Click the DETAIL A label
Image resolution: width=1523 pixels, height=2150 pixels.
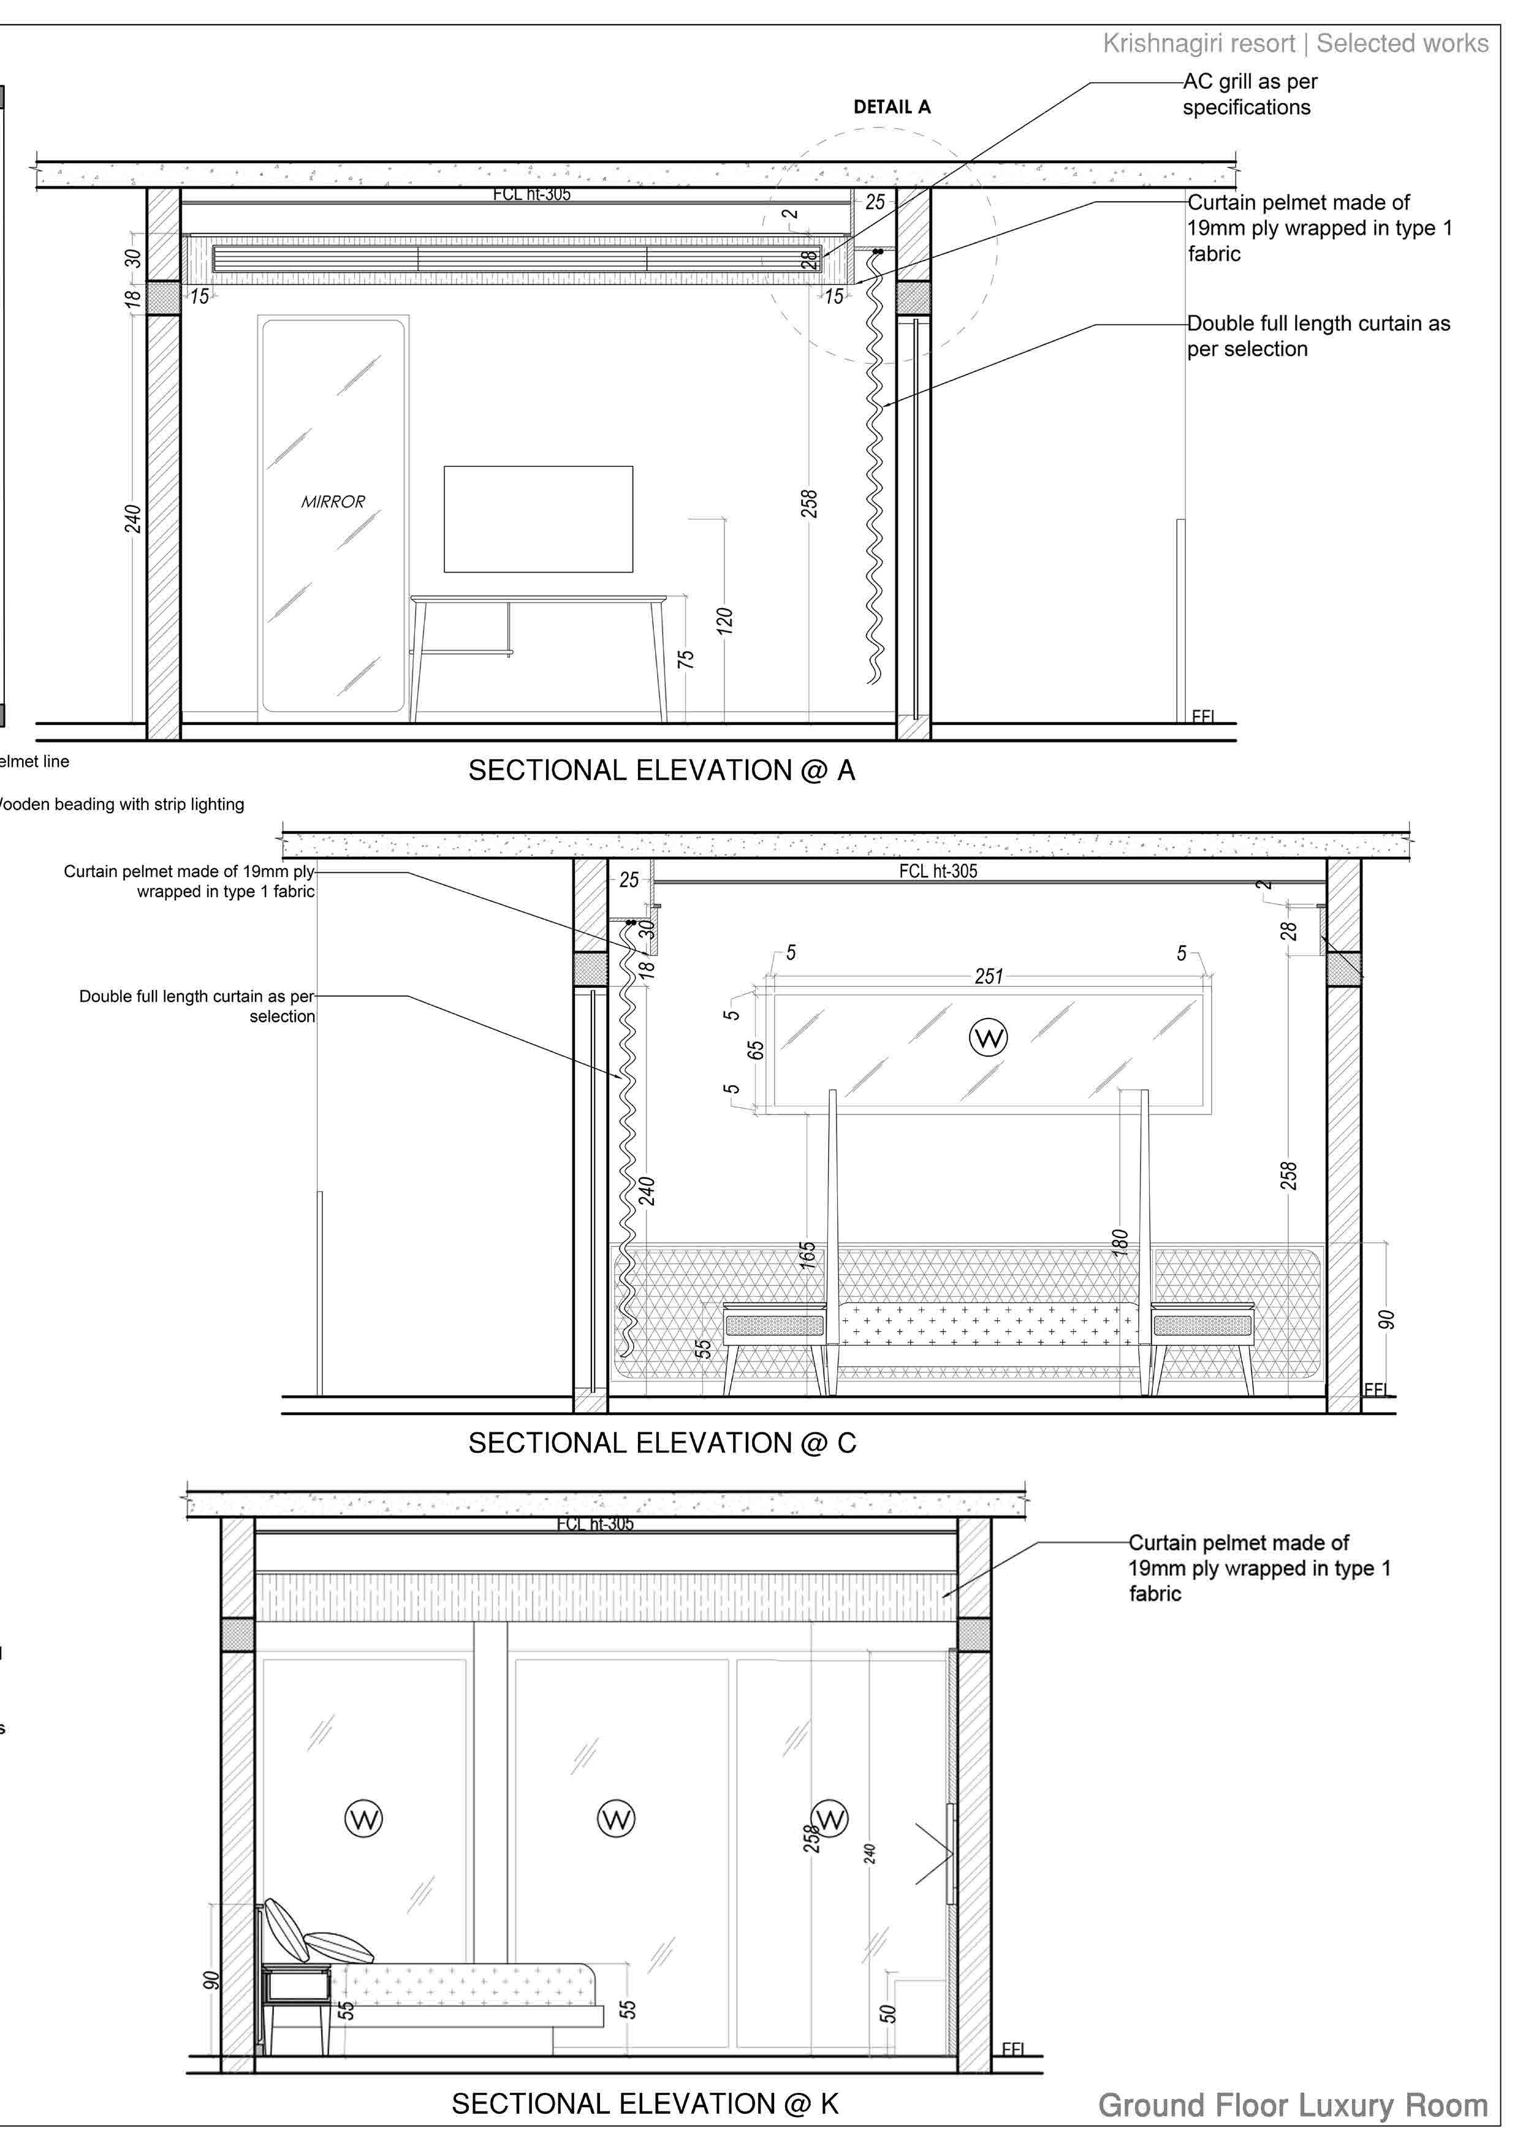(x=892, y=107)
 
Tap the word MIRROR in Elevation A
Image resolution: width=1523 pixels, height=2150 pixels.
(x=333, y=501)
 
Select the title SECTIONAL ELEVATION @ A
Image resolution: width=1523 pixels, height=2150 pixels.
(x=661, y=771)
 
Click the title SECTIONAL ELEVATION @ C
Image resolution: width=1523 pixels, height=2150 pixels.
(x=661, y=1443)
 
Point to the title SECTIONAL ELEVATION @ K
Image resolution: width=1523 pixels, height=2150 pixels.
(x=645, y=2104)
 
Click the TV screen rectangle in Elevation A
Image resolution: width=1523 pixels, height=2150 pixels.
(x=538, y=519)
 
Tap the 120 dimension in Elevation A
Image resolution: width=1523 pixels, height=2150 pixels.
(x=724, y=621)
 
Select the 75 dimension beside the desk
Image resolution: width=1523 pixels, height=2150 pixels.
(x=686, y=659)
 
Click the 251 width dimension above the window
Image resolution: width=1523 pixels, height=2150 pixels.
(x=989, y=976)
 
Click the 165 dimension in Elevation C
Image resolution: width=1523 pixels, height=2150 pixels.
(x=807, y=1256)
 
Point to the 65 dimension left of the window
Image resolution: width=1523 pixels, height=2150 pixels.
(x=756, y=1050)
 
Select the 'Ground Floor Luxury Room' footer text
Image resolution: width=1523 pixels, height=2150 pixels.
(x=1293, y=2106)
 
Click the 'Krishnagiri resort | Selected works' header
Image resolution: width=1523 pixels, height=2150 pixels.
(x=1295, y=43)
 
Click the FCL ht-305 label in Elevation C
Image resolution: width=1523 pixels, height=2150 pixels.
(x=938, y=871)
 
